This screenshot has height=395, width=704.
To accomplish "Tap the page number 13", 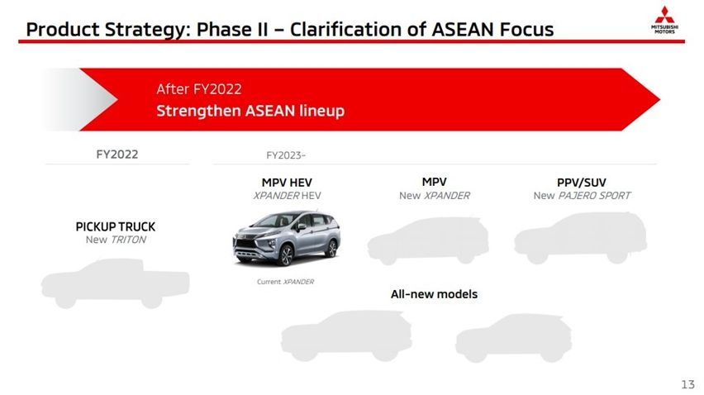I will [687, 384].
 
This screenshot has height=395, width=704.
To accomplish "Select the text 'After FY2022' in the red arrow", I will [198, 89].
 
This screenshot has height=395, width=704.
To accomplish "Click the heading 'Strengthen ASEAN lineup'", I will [250, 111].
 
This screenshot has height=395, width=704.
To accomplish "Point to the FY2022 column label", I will [117, 154].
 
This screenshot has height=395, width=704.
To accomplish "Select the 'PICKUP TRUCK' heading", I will [116, 226].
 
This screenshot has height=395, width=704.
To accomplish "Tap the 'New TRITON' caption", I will [116, 240].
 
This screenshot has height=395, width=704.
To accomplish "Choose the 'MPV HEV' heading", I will [287, 182].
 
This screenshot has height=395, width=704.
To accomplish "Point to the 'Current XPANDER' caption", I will [285, 282].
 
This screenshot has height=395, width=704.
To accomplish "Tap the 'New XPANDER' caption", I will [434, 196].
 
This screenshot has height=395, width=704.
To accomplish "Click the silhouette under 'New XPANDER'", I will [427, 240].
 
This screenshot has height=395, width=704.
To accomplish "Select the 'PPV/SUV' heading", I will [581, 182].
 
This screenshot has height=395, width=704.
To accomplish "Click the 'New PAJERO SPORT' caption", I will [581, 196].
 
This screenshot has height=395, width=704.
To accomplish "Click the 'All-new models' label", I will [434, 294].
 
